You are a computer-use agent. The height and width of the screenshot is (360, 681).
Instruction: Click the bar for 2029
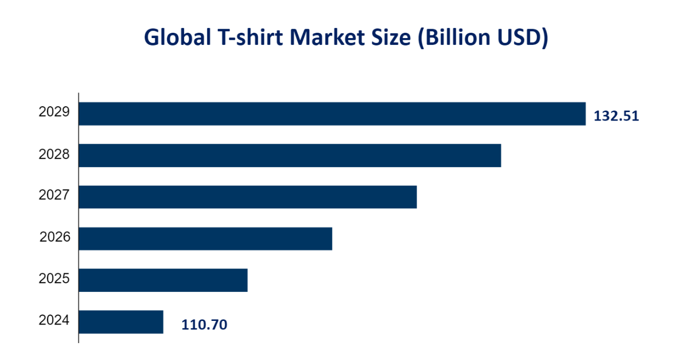pyautogui.click(x=332, y=114)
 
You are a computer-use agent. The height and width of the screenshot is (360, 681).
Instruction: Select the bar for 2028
pyautogui.click(x=290, y=155)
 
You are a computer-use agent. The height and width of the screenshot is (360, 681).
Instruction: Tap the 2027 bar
pyautogui.click(x=247, y=197)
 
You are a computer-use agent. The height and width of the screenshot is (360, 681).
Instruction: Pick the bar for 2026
pyautogui.click(x=205, y=238)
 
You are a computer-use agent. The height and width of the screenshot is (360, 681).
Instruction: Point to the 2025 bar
pyautogui.click(x=163, y=280)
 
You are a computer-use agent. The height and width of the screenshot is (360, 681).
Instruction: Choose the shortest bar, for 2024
pyautogui.click(x=121, y=322)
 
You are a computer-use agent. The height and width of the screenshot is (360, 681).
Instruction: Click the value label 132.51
pyautogui.click(x=616, y=116)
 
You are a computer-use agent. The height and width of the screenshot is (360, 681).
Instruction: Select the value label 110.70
pyautogui.click(x=204, y=325)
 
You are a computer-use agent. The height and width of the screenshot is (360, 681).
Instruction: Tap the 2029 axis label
pyautogui.click(x=54, y=112)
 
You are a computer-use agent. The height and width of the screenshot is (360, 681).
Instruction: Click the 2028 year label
pyautogui.click(x=54, y=154)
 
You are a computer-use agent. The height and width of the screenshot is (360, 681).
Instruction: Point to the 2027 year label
pyautogui.click(x=54, y=196)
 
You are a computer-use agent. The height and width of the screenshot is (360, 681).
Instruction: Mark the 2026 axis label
pyautogui.click(x=54, y=237)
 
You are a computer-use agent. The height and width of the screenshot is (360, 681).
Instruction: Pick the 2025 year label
pyautogui.click(x=54, y=279)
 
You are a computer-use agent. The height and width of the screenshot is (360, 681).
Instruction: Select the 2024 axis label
pyautogui.click(x=54, y=320)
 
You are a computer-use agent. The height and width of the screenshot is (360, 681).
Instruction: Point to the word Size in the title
pyautogui.click(x=387, y=38)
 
